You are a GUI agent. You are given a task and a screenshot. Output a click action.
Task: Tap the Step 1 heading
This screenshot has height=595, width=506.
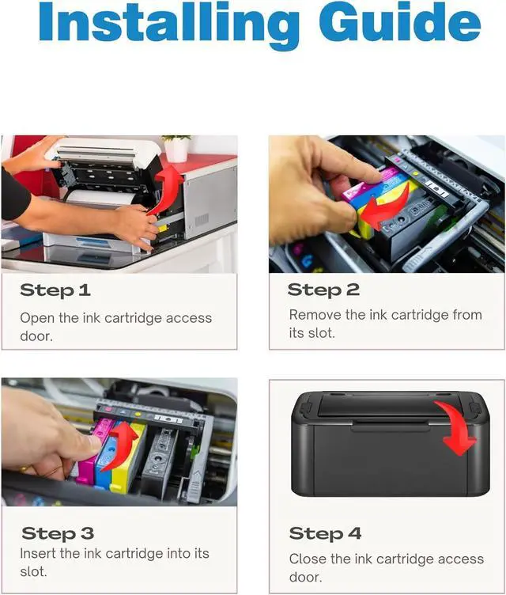click(55, 290)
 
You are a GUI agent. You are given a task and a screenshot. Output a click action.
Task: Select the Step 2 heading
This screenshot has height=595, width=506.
click(323, 290)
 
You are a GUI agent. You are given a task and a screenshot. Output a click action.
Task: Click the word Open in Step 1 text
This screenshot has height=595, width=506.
click(36, 318)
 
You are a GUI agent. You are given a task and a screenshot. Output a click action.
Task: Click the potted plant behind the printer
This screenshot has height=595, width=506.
click(176, 148)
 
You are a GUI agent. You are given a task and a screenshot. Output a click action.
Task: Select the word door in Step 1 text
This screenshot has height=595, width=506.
click(36, 335)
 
